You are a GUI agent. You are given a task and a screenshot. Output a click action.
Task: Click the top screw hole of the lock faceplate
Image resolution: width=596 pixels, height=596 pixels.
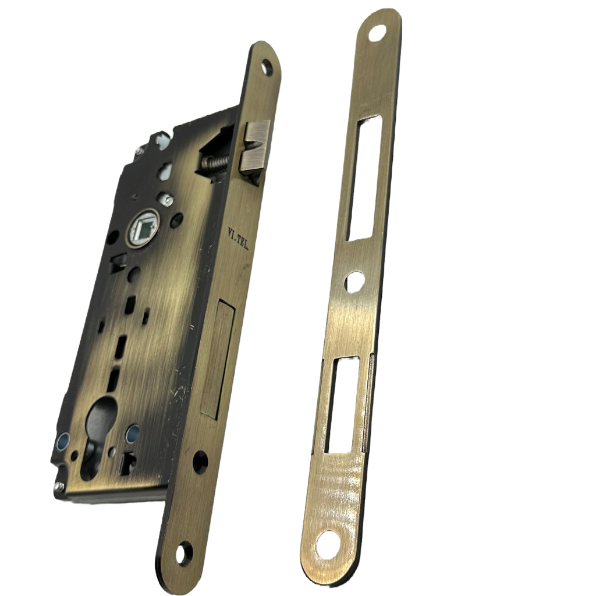click(268, 66)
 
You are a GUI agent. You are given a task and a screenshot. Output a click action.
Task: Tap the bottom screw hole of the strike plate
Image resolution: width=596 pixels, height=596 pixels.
click(322, 547)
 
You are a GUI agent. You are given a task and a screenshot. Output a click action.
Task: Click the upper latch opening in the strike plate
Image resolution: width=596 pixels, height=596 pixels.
click(361, 178)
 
